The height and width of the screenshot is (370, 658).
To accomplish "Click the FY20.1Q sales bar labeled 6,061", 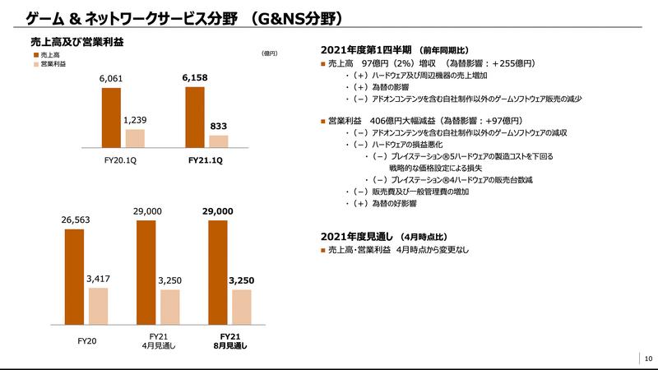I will click(112, 117).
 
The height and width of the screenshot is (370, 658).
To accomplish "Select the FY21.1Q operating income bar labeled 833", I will click(218, 141).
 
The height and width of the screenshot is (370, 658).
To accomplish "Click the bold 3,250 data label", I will click(242, 281).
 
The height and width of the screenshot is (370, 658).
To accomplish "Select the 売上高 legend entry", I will click(52, 54).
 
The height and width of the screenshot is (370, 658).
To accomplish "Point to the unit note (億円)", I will click(269, 53).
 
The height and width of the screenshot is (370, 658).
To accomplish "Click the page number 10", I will click(648, 358).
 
